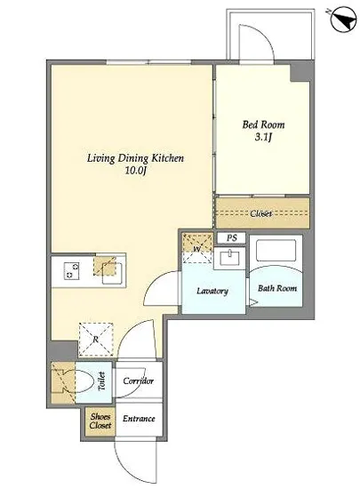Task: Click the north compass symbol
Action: pyautogui.click(x=344, y=20)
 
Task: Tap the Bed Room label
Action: pyautogui.click(x=263, y=124)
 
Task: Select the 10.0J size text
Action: pyautogui.click(x=136, y=171)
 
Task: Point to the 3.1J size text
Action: pyautogui.click(x=263, y=137)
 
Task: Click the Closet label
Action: pyautogui.click(x=260, y=213)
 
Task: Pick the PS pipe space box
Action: pyautogui.click(x=231, y=238)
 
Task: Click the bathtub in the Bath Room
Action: pyautogui.click(x=276, y=250)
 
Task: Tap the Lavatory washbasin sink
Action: pyautogui.click(x=229, y=258)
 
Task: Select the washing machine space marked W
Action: pyautogui.click(x=197, y=248)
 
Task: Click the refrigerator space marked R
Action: pyautogui.click(x=95, y=339)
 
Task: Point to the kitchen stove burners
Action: pyautogui.click(x=71, y=270)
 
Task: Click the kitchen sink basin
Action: pyautogui.click(x=112, y=274)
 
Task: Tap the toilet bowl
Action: pyautogui.click(x=84, y=381)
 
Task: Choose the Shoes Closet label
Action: pyautogui.click(x=100, y=421)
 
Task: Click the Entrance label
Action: pyautogui.click(x=139, y=418)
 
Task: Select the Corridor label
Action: pyautogui.click(x=139, y=381)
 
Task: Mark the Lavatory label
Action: pyautogui.click(x=212, y=291)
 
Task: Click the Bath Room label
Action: pyautogui.click(x=277, y=288)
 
